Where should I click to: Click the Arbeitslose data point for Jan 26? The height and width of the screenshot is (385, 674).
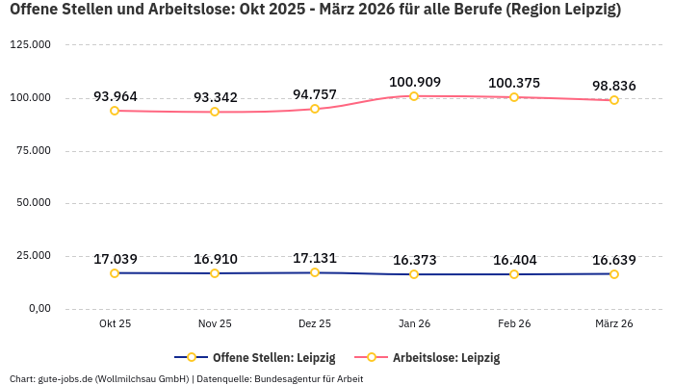click(414, 96)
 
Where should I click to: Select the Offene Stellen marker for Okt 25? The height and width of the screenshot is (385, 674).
click(115, 273)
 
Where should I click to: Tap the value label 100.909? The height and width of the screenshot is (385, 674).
click(414, 83)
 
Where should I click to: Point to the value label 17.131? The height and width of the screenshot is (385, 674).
click(314, 259)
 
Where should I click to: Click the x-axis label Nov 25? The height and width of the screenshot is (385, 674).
click(215, 324)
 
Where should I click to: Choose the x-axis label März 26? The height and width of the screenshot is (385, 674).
click(613, 324)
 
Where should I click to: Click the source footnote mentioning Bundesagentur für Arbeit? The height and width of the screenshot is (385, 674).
click(186, 378)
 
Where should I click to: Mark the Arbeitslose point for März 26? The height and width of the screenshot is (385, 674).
click(613, 100)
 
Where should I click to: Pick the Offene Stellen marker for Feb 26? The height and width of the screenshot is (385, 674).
click(514, 274)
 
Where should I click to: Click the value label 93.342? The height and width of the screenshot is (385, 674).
click(215, 98)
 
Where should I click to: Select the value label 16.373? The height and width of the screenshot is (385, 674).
click(414, 260)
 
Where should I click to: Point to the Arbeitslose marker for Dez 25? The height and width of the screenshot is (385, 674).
click(314, 109)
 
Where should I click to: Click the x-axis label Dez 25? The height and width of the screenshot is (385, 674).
click(314, 324)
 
